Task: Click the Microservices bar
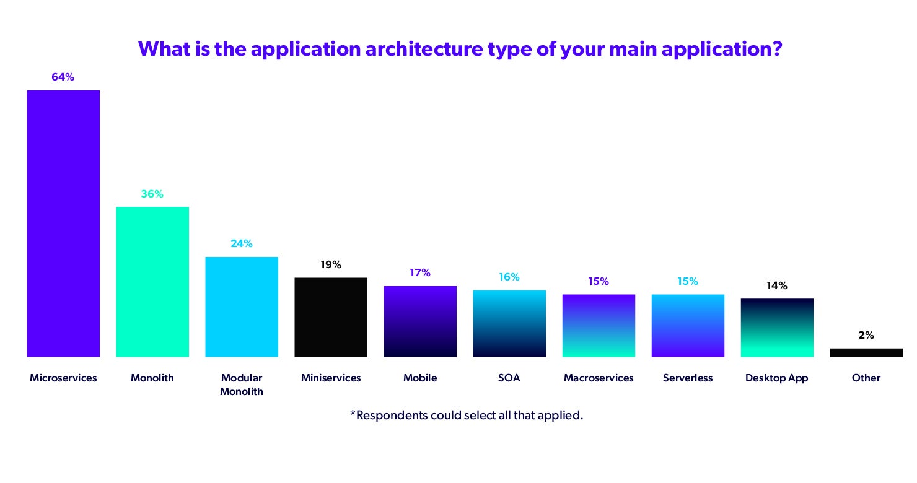coord(63,224)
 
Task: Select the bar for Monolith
coord(152,282)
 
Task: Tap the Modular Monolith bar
coord(242,307)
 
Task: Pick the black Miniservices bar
coord(331,317)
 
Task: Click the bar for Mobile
coord(420,321)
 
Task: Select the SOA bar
coord(509,323)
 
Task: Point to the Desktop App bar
coord(777,328)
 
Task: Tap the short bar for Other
coord(866,352)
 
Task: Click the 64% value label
coord(63,77)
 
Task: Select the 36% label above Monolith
coord(152,194)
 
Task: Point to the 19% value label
coord(331,264)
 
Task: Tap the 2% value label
coord(866,335)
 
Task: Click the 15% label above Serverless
coord(688,281)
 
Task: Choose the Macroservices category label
coord(599,378)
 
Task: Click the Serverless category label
coord(688,378)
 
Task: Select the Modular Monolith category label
coord(242,385)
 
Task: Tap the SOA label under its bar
coord(509,378)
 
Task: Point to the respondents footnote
coord(467,415)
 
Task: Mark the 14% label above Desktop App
coord(777,285)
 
